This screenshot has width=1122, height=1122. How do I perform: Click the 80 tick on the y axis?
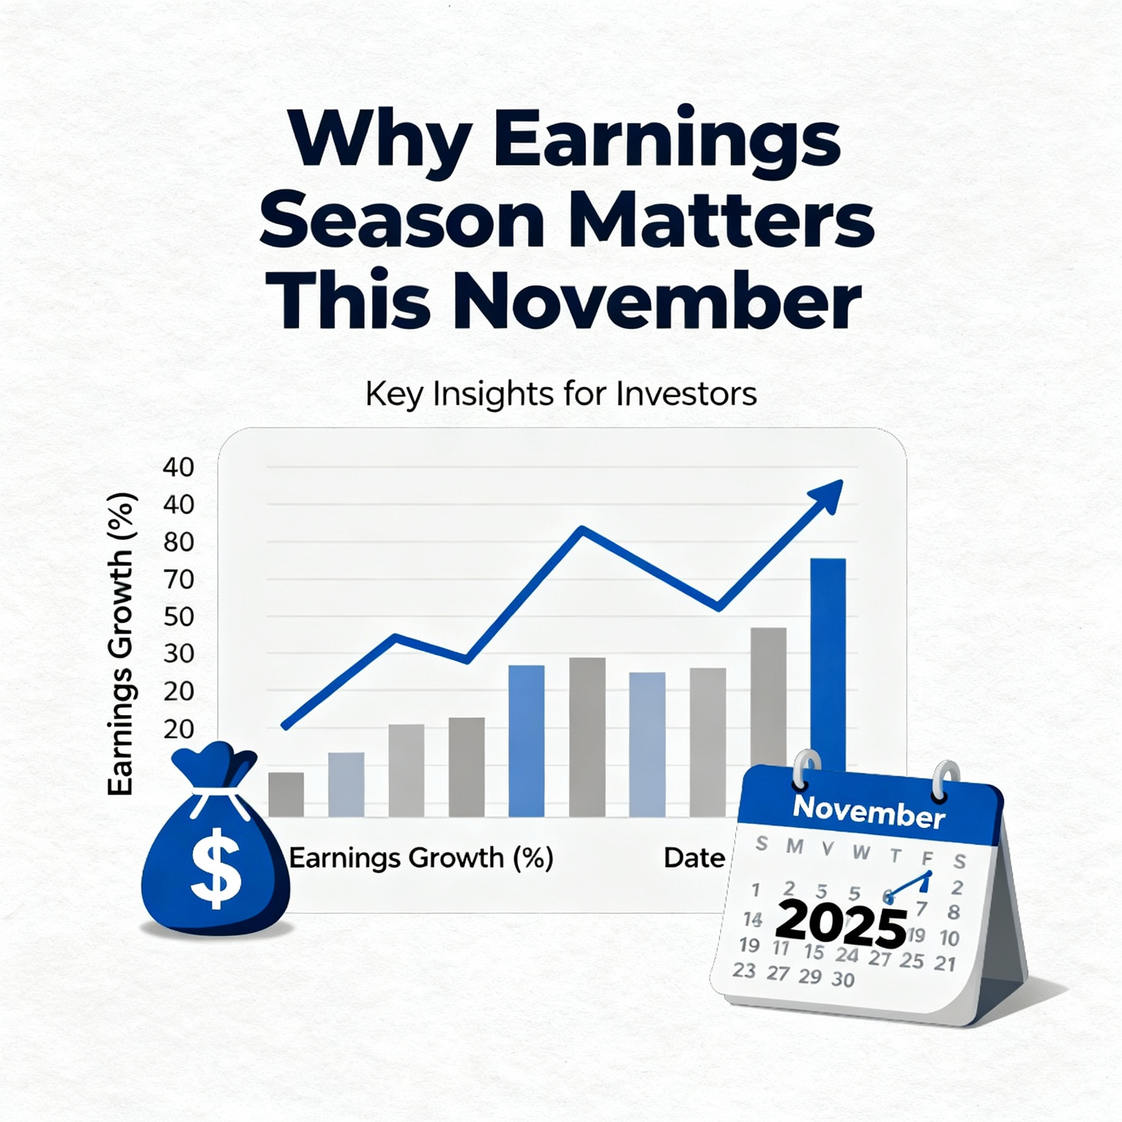(x=178, y=542)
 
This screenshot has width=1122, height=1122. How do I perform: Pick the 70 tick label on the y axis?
(x=178, y=580)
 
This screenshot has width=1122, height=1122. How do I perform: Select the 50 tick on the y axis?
(x=178, y=617)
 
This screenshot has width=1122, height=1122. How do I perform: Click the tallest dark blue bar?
(x=828, y=662)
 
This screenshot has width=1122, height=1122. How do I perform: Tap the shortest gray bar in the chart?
(x=286, y=794)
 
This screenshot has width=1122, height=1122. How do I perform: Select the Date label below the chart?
(x=695, y=858)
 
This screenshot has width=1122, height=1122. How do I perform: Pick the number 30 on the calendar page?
(x=843, y=980)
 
